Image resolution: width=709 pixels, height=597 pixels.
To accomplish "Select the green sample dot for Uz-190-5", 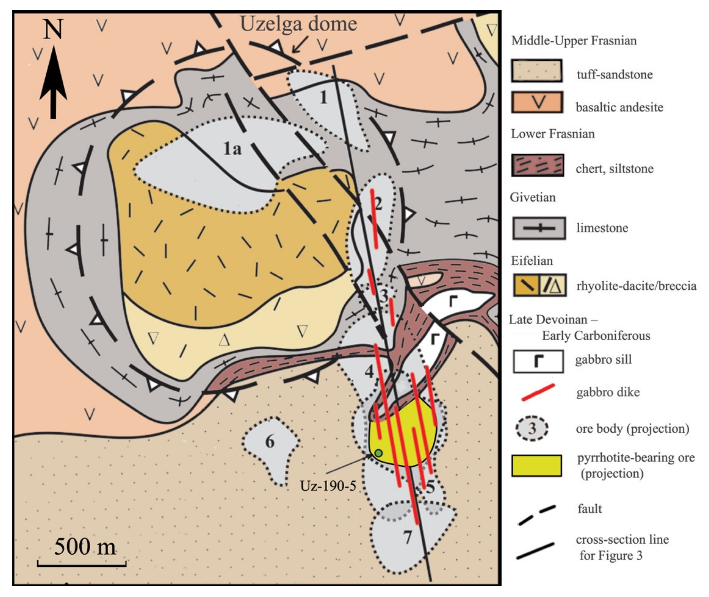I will click(x=379, y=453).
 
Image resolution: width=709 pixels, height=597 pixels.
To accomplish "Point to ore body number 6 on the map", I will click(x=270, y=442).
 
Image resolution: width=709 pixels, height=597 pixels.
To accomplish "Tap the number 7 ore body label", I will click(x=407, y=537).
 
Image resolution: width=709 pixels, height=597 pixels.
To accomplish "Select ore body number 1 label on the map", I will click(x=324, y=97).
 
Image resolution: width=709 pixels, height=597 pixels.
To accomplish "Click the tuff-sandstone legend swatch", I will click(x=537, y=71).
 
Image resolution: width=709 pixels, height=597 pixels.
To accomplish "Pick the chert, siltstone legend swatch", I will click(x=538, y=165).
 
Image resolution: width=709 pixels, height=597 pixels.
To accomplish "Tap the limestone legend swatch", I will click(x=539, y=228).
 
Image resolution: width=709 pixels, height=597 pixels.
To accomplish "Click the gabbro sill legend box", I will click(x=538, y=361).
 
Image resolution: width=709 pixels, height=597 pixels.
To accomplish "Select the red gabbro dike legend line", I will click(x=538, y=393).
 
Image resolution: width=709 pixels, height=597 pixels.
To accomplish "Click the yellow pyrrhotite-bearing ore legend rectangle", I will click(x=537, y=466).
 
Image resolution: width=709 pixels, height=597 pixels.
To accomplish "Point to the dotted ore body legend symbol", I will click(x=532, y=428).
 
